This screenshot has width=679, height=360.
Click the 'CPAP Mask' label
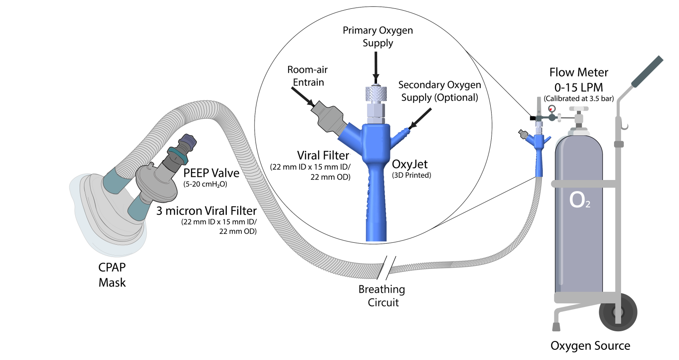click(x=112, y=275)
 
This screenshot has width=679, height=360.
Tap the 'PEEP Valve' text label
click(x=211, y=173)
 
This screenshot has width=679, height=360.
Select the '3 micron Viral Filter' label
click(x=206, y=211)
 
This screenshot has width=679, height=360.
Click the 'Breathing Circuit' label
click(x=382, y=296)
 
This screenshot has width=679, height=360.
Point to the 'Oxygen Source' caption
click(x=590, y=345)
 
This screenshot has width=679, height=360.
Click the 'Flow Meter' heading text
click(x=579, y=73)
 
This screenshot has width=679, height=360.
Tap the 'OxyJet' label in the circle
click(x=410, y=164)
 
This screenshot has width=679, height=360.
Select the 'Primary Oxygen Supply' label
click(x=378, y=37)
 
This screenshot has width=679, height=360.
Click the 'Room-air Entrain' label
click(x=308, y=76)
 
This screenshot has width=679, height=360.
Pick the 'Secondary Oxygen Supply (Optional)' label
click(x=439, y=91)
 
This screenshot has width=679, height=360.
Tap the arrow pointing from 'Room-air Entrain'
click(x=303, y=96)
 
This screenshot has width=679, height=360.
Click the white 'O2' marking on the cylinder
click(x=580, y=200)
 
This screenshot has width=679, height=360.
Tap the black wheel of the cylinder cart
click(x=618, y=311)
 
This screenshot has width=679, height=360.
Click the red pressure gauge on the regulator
click(x=551, y=109)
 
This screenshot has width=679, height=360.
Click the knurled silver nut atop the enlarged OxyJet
click(x=376, y=93)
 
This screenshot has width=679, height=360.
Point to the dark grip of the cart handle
click(x=647, y=72)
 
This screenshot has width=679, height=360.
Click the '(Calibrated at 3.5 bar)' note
click(x=579, y=99)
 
